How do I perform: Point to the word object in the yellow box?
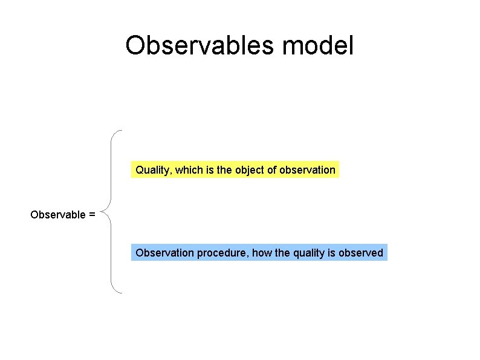250,171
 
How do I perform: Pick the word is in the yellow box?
210,170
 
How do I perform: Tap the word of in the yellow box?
272,170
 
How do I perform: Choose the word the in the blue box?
282,253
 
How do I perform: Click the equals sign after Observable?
92,215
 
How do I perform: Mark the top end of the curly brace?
121,131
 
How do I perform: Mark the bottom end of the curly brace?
121,293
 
